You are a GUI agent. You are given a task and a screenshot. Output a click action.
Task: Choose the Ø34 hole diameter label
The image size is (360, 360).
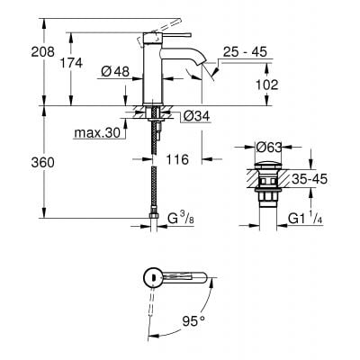196,114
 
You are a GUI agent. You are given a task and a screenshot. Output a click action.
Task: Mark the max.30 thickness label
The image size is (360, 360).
96,134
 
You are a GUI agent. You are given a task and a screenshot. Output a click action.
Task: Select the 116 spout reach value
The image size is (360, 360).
179,158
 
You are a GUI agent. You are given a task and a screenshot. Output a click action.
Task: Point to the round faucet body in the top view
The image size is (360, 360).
153,275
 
